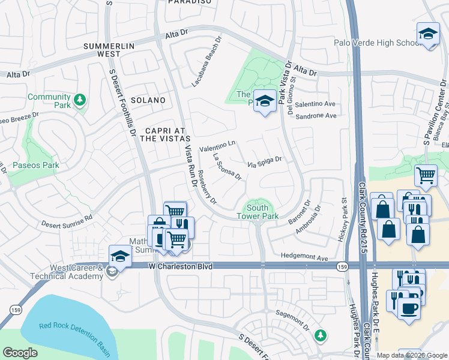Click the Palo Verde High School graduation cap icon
click(427, 34)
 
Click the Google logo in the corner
click(19, 353)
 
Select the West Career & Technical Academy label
click(68, 272)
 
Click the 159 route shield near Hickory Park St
click(342, 265)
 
